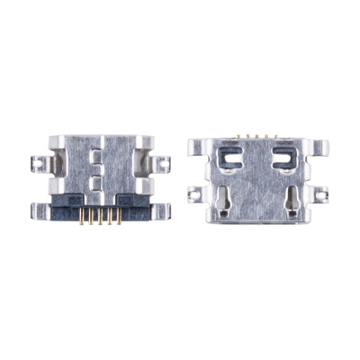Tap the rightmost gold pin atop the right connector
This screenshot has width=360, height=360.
click(267, 135)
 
